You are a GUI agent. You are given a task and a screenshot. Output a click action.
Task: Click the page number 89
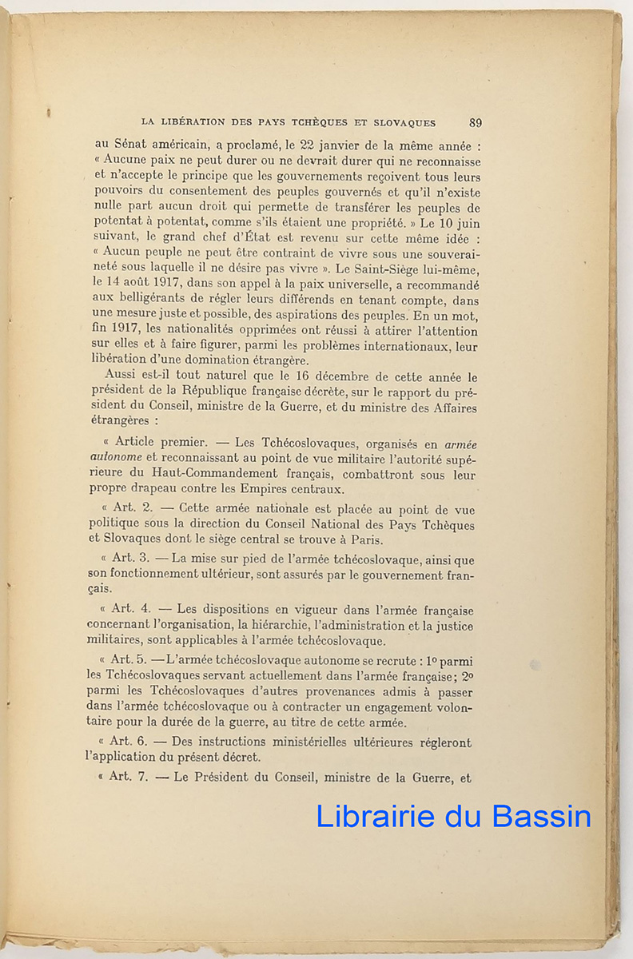[x=476, y=122]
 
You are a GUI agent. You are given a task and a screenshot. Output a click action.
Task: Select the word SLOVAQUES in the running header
[x=403, y=123]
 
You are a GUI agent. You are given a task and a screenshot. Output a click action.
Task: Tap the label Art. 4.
[x=130, y=608]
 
